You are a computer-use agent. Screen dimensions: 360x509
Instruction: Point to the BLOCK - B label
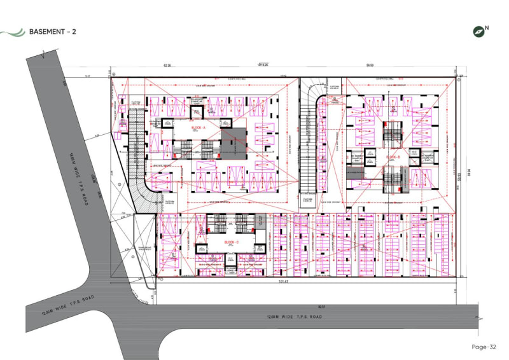pyautogui.click(x=392, y=156)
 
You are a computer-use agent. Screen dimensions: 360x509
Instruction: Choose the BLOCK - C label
pyautogui.click(x=231, y=242)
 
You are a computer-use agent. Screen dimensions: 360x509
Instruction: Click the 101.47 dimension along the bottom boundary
pyautogui.click(x=283, y=280)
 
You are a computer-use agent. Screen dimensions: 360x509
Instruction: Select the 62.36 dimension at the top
pyautogui.click(x=169, y=65)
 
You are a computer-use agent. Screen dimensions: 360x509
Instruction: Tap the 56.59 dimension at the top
pyautogui.click(x=369, y=65)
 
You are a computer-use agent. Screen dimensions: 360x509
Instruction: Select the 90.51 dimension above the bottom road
pyautogui.click(x=322, y=307)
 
